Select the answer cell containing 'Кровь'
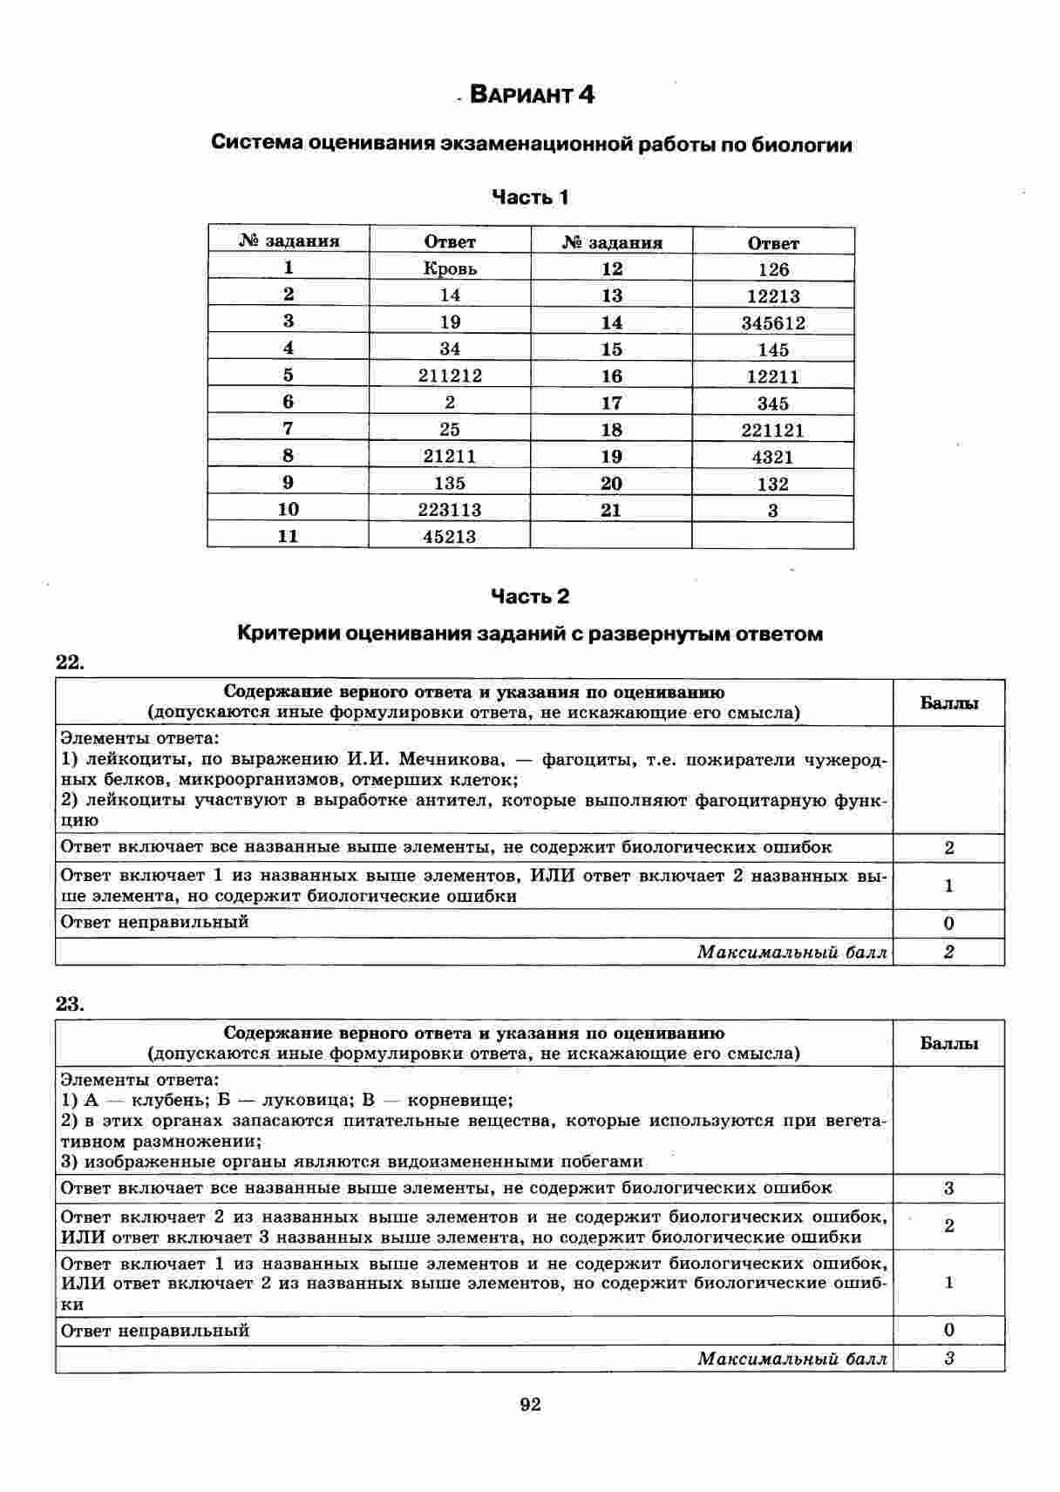[x=450, y=268]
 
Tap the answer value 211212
[x=450, y=376]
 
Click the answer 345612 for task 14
[x=773, y=323]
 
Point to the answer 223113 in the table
[x=450, y=510]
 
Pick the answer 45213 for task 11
[x=450, y=537]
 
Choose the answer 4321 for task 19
[x=773, y=457]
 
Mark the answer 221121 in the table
[x=773, y=430]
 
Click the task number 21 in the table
[x=611, y=511]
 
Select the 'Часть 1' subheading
[x=530, y=198]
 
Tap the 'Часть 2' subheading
[x=530, y=597]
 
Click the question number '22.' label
[x=70, y=662]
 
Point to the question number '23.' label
[x=70, y=1004]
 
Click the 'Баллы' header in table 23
[x=948, y=1043]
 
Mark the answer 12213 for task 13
[x=773, y=296]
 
